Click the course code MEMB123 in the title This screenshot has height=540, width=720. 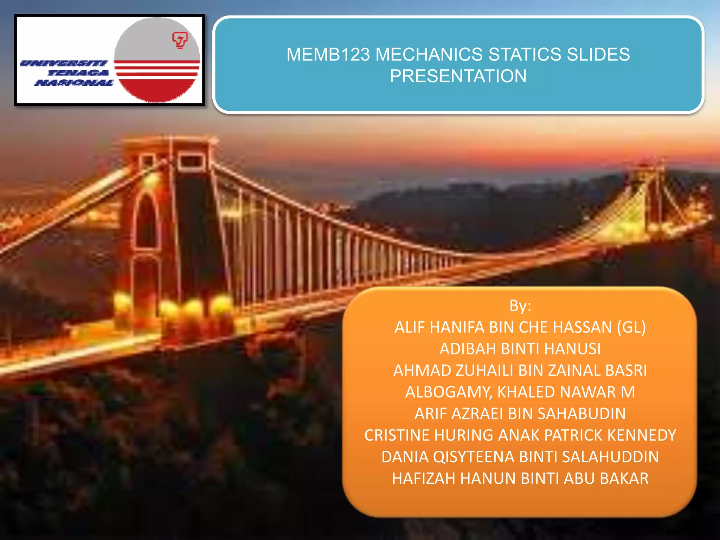click(x=328, y=55)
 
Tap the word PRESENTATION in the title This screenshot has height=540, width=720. click(x=458, y=76)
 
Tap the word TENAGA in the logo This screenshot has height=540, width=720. click(x=78, y=73)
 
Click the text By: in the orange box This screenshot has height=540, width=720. click(x=520, y=306)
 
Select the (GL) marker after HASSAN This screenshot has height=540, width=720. click(x=631, y=328)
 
